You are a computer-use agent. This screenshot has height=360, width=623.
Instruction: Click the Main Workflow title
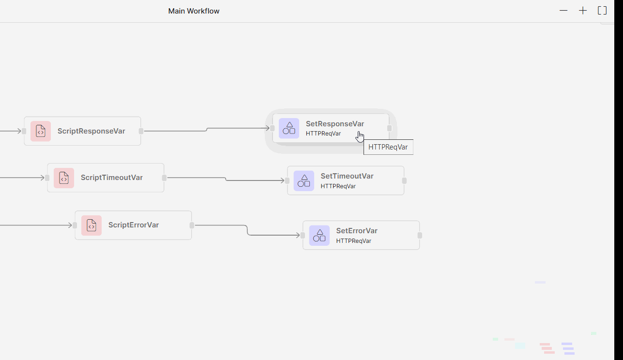pos(194,11)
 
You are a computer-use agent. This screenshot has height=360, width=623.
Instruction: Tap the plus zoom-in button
pos(583,11)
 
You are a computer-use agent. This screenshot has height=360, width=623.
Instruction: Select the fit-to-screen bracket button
pos(602,11)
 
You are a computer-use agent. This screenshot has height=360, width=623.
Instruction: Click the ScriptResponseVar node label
pos(91,131)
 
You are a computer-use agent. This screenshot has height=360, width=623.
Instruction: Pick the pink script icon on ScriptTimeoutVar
pos(64,178)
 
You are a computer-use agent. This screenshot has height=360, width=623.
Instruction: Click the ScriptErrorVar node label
pos(134,225)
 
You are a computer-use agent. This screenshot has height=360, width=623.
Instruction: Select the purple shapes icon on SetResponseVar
pos(289,128)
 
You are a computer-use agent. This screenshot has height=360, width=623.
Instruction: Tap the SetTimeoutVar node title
pos(347,176)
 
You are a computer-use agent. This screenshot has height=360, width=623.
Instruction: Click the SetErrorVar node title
pos(357,231)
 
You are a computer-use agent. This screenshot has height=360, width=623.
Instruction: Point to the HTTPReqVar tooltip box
pos(388,147)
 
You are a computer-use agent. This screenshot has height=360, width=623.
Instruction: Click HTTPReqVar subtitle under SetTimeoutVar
pos(338,186)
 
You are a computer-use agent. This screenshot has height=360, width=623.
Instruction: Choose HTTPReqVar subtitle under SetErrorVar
pos(354,241)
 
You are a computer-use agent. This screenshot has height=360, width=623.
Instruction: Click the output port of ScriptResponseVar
pos(141,131)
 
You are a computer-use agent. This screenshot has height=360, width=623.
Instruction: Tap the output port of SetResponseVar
pos(389,128)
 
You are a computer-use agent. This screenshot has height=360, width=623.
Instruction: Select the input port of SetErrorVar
pos(303,235)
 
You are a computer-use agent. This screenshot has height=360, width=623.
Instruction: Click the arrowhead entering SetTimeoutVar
pos(283,180)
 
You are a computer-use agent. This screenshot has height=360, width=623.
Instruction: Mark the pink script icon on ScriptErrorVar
pos(91,225)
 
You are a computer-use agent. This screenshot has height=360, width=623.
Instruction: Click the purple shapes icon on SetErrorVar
pos(319,235)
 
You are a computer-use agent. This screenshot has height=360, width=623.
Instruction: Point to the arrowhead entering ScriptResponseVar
pos(19,131)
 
